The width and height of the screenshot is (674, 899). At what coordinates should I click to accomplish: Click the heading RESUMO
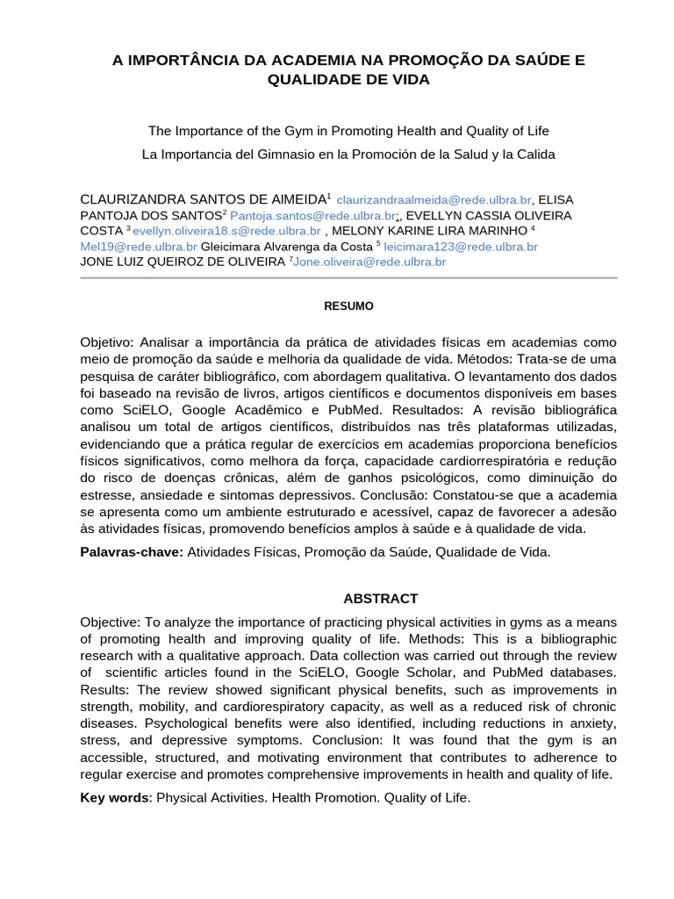click(348, 306)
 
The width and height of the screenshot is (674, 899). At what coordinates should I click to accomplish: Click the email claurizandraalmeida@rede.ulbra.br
click(434, 200)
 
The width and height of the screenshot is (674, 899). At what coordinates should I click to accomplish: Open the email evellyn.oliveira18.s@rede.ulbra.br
click(226, 232)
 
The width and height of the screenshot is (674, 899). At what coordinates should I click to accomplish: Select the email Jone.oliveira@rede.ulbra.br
click(369, 262)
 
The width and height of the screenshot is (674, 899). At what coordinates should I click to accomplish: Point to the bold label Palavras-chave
click(132, 552)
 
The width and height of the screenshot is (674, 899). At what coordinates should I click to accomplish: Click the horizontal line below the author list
click(348, 278)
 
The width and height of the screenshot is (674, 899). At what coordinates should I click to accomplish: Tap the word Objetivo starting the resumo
click(104, 342)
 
